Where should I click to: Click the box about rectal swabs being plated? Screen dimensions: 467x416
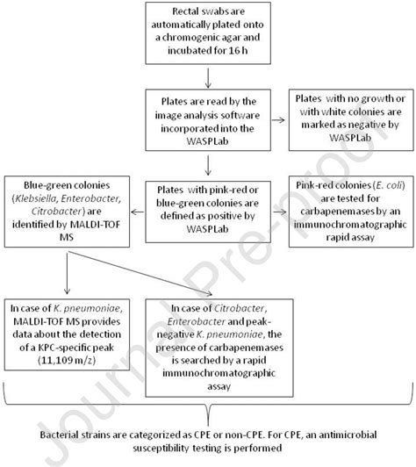click(209, 35)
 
